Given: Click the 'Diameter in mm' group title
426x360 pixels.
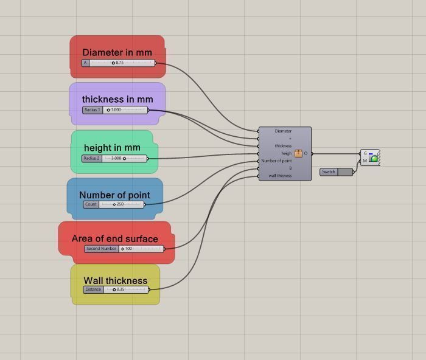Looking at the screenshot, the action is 117,52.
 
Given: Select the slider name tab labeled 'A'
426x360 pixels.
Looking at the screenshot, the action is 85,63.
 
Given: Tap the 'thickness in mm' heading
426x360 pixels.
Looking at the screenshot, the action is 117,99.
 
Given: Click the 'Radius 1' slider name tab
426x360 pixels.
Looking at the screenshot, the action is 93,110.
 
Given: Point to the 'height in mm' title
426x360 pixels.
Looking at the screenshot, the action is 112,148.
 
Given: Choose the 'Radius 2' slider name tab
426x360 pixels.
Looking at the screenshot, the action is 92,158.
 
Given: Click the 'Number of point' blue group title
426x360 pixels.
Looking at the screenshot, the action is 114,195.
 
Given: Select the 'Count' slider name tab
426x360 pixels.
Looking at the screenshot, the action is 91,204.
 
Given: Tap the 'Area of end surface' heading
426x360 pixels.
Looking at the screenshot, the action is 114,238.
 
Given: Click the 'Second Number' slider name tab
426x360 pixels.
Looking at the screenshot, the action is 102,249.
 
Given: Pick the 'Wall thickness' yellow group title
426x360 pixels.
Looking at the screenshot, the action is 116,280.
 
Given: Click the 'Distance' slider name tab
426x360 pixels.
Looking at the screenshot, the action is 93,289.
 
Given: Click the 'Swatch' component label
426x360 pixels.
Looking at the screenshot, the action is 329,171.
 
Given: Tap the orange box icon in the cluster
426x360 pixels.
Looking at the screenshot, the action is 298,153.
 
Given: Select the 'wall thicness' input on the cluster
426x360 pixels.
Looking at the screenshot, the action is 280,176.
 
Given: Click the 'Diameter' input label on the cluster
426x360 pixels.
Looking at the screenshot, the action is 283,131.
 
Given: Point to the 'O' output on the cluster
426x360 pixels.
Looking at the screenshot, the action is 306,153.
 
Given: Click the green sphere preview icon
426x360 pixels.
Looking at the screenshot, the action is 374,157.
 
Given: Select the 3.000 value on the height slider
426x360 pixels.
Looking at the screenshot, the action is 116,158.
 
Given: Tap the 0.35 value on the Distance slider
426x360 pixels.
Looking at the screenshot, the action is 120,289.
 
